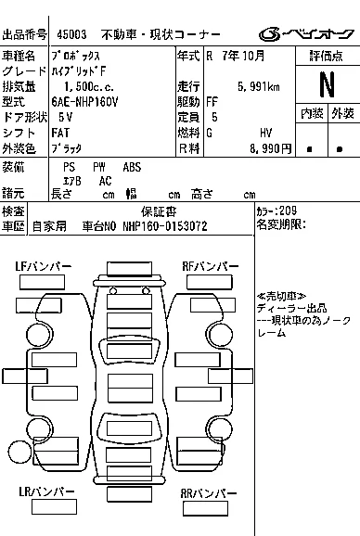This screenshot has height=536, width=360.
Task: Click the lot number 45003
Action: (71, 34)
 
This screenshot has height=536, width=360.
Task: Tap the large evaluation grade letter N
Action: (327, 84)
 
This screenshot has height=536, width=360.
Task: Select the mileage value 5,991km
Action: (259, 87)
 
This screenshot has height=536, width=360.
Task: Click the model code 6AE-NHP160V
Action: (84, 102)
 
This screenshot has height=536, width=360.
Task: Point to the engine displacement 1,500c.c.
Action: (89, 87)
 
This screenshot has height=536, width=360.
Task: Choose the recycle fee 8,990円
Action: (270, 148)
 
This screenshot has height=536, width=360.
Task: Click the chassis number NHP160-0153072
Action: (165, 226)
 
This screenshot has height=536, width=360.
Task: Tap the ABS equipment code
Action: (132, 167)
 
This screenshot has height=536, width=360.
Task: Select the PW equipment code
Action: (99, 167)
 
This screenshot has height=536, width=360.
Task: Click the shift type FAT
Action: (60, 133)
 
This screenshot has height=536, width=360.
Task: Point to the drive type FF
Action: (212, 102)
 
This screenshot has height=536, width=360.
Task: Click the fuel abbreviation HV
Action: (265, 133)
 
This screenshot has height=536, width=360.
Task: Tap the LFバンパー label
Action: (43, 266)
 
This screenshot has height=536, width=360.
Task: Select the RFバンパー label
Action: (211, 266)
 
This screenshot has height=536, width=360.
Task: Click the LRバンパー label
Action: (46, 491)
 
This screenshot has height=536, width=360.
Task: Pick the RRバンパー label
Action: (209, 493)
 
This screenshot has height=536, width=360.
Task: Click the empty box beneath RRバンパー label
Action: (205, 508)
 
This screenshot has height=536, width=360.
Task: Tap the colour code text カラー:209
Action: (276, 211)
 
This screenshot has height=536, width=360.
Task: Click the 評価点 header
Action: (327, 56)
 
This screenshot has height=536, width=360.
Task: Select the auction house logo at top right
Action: (306, 34)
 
